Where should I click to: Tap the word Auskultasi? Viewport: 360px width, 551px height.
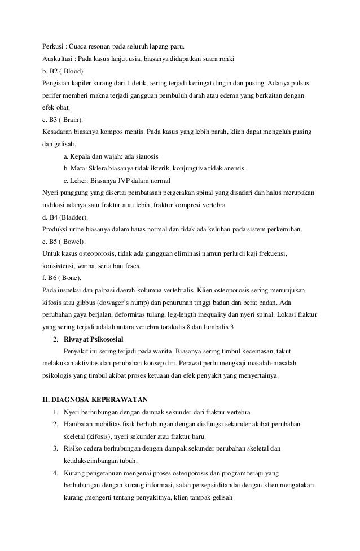(59, 59)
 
